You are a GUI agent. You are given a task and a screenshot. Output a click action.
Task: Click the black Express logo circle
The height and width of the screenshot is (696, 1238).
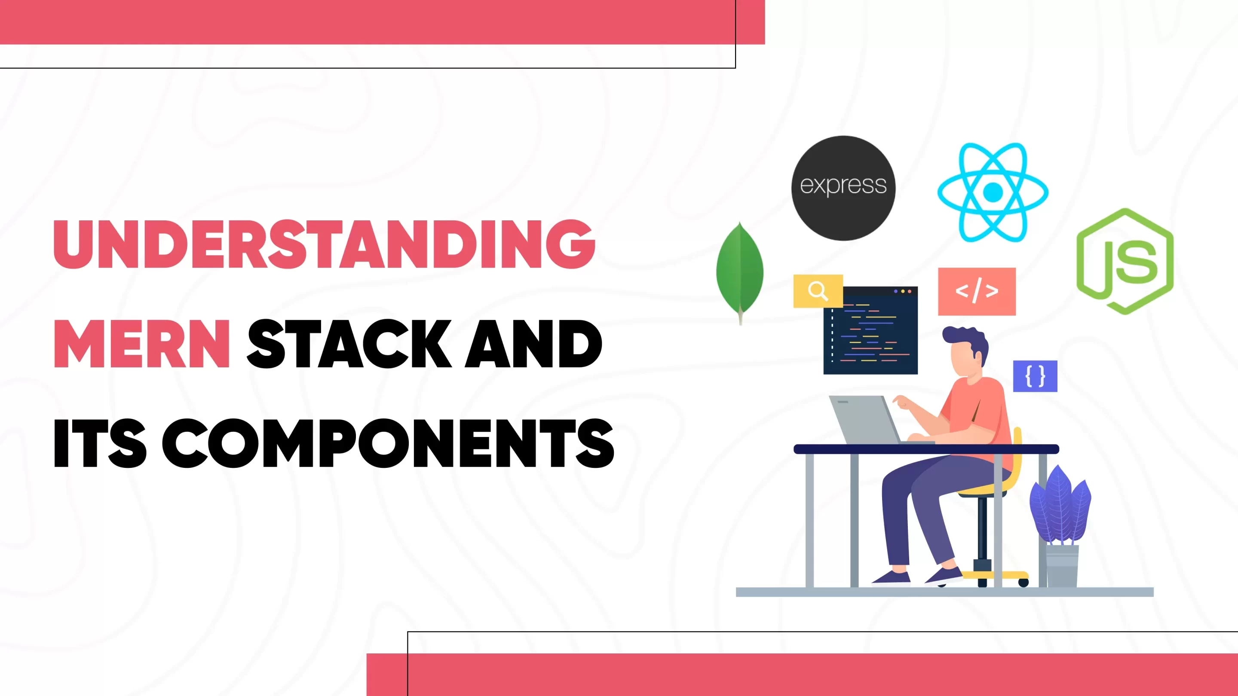[x=843, y=188]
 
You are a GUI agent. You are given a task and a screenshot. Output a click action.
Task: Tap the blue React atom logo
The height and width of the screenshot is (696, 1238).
[x=993, y=192]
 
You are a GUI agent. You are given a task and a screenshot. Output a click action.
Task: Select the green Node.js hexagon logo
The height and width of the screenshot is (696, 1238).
[x=1125, y=261]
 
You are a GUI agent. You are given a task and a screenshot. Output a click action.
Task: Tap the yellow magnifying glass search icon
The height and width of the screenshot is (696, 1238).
[x=818, y=290]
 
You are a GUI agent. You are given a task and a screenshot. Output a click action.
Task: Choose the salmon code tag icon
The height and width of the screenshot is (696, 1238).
[x=977, y=291]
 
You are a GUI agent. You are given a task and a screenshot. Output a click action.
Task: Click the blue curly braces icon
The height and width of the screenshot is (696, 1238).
[x=1035, y=376]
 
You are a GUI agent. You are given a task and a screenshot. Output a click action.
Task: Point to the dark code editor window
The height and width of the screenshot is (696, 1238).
[x=870, y=331]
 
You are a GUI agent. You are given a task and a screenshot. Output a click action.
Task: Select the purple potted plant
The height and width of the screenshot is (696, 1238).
[x=1060, y=507]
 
